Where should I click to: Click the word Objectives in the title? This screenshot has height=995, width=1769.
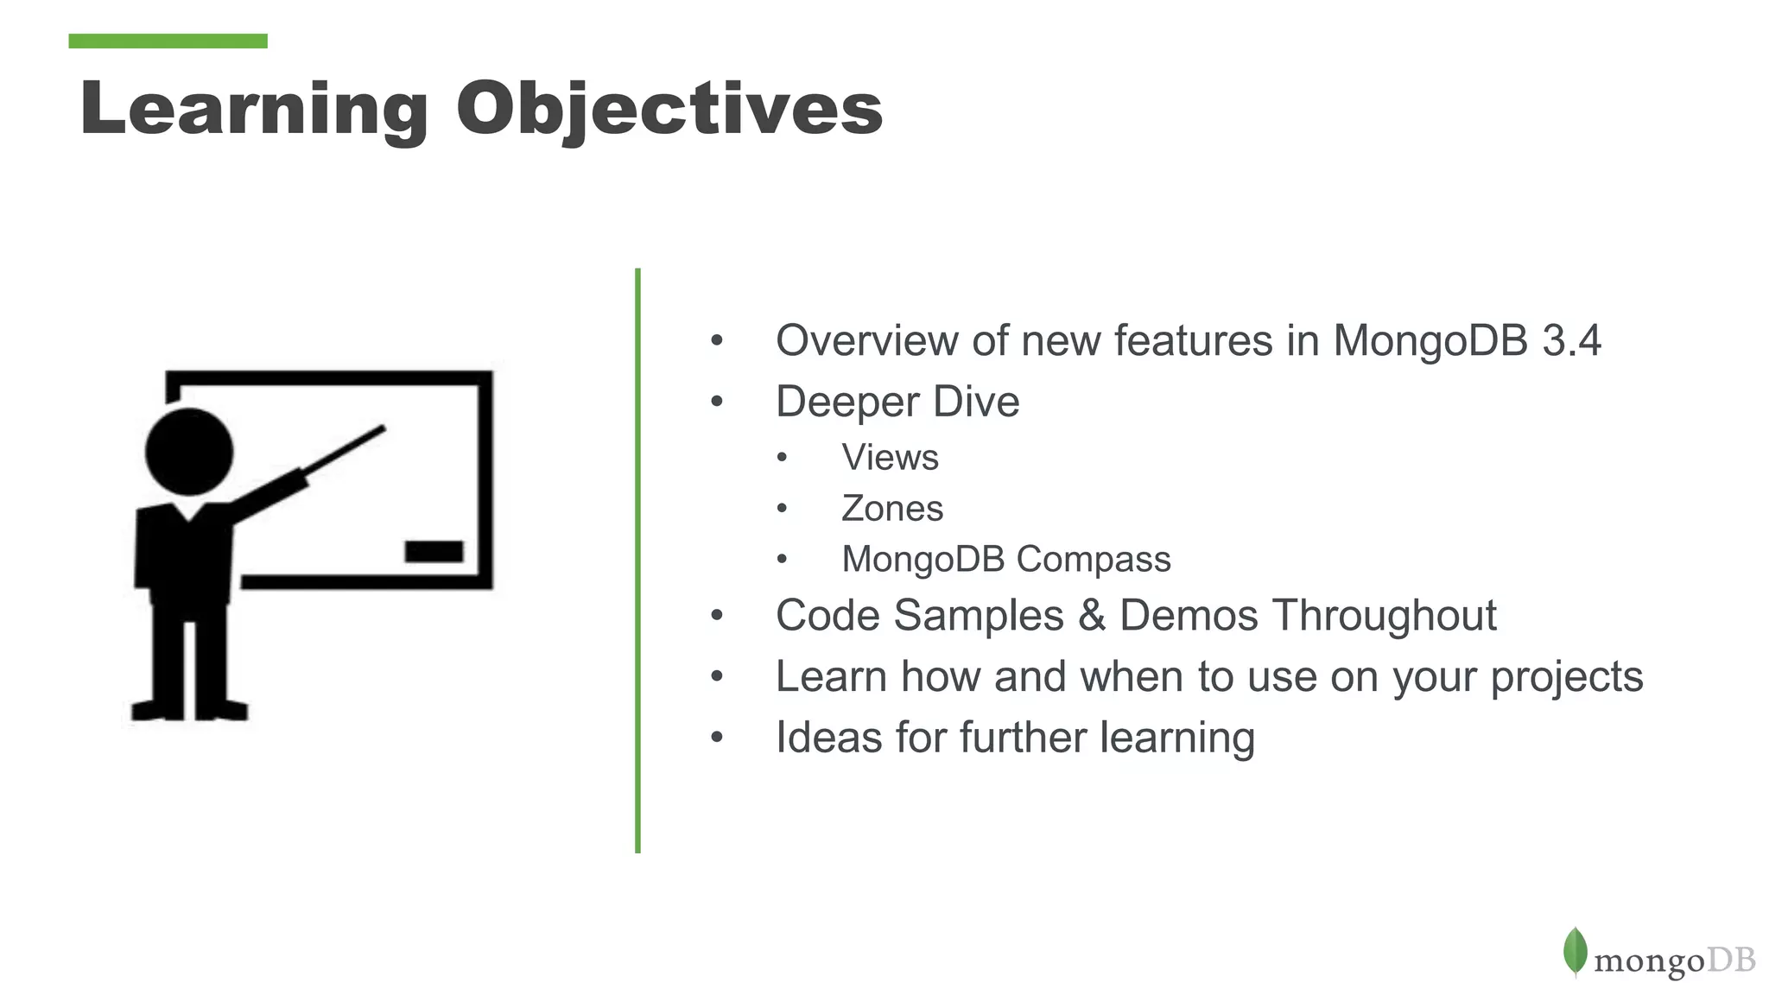(x=669, y=109)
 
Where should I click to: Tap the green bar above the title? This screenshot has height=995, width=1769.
(x=168, y=41)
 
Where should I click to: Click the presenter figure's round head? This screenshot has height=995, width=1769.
(x=189, y=452)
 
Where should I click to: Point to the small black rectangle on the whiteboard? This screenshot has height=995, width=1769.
(x=434, y=551)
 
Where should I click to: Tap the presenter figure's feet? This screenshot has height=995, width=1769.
(x=189, y=710)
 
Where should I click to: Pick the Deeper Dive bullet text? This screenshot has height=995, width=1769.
(x=897, y=402)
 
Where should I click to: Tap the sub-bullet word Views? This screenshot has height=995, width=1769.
(x=890, y=457)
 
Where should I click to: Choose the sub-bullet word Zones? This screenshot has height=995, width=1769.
(x=891, y=508)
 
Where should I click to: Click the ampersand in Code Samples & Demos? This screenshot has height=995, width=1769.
(x=1092, y=616)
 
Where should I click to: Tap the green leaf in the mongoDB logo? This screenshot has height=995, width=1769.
(x=1575, y=951)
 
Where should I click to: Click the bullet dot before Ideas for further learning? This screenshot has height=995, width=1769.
(x=716, y=738)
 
